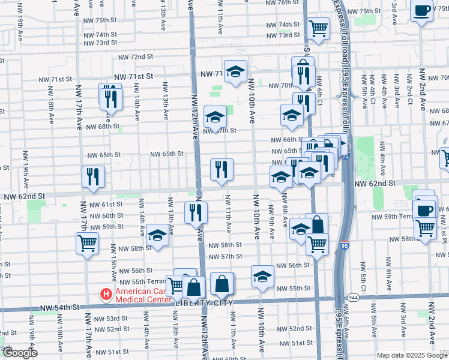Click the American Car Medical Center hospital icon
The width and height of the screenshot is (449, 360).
pos(106,295)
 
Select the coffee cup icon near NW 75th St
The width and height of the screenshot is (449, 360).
pos(422,10)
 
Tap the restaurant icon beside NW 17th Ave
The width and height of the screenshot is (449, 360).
pos(93,176)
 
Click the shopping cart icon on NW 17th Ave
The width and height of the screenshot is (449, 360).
pos(88,244)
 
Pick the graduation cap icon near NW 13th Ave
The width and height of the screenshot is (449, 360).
pos(158,235)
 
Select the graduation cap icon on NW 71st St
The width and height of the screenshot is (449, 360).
pos(236,71)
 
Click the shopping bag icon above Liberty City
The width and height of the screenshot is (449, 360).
pos(222,284)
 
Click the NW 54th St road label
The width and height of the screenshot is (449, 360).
pos(59,308)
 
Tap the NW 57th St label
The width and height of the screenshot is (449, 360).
pos(224,256)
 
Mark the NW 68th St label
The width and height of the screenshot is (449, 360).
pos(101,127)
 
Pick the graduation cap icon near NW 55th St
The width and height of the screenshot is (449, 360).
pos(262,277)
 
